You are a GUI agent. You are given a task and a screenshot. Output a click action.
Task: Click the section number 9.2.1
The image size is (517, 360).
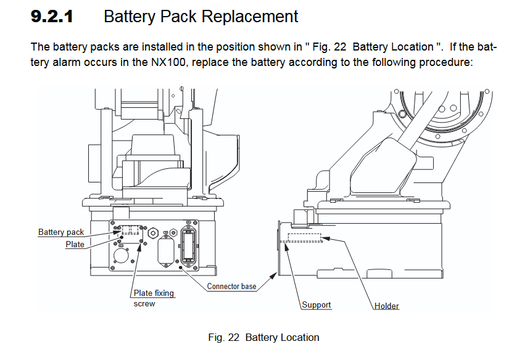52,17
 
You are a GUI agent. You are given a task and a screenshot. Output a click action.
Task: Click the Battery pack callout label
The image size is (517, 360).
61,232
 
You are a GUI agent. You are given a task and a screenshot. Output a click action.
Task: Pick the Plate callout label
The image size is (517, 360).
75,245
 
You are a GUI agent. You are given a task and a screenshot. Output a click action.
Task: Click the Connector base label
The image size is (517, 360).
231,286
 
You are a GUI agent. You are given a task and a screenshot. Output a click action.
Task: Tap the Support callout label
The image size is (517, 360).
316,305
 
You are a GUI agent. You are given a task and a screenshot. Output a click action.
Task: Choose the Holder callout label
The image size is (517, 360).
387,306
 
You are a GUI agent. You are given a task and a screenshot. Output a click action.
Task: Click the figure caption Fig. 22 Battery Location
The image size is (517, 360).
263,337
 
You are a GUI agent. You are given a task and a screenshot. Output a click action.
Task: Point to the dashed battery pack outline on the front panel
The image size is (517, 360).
131,230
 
